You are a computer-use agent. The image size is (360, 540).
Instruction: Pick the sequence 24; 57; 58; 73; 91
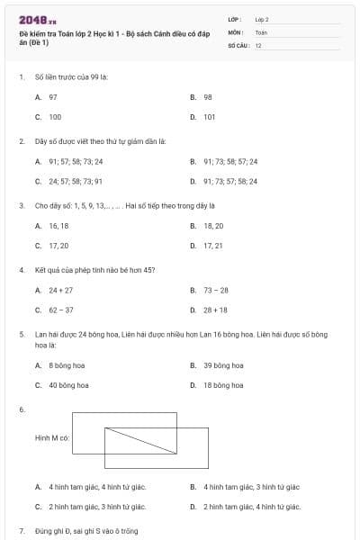click(x=76, y=181)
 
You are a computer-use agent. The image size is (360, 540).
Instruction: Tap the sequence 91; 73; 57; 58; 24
click(x=230, y=181)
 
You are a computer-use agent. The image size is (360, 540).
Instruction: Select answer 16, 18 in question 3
click(x=58, y=226)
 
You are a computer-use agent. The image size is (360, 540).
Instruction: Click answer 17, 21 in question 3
click(x=212, y=246)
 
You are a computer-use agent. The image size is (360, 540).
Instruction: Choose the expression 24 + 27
click(x=60, y=291)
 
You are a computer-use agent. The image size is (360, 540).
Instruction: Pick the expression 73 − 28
click(x=215, y=291)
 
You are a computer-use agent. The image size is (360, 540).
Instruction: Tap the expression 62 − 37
click(x=60, y=310)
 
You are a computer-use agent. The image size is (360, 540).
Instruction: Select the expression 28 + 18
click(x=215, y=310)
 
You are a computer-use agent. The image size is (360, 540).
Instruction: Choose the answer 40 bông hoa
click(x=68, y=385)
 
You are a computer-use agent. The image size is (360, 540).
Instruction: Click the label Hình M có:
click(x=52, y=437)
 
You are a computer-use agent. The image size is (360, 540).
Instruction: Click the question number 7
click(x=21, y=531)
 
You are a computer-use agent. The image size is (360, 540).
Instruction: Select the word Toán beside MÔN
click(x=261, y=31)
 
